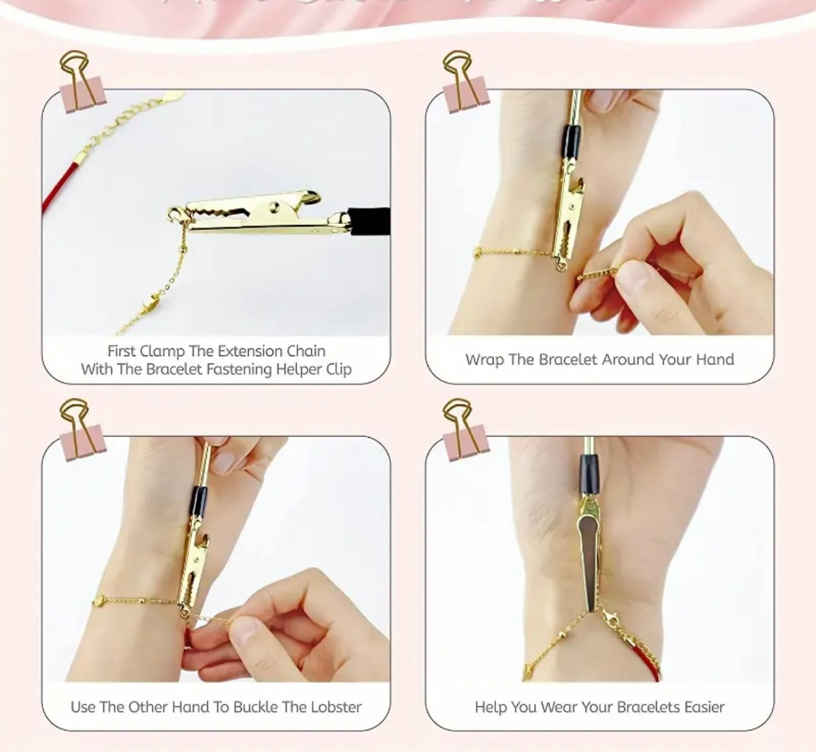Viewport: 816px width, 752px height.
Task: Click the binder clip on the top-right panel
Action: pyautogui.click(x=463, y=85)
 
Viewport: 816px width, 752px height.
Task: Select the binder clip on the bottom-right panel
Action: pyautogui.click(x=463, y=432)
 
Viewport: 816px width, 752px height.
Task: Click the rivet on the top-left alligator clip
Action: pyautogui.click(x=273, y=206)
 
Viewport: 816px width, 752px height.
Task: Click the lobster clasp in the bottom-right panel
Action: pyautogui.click(x=610, y=618)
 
